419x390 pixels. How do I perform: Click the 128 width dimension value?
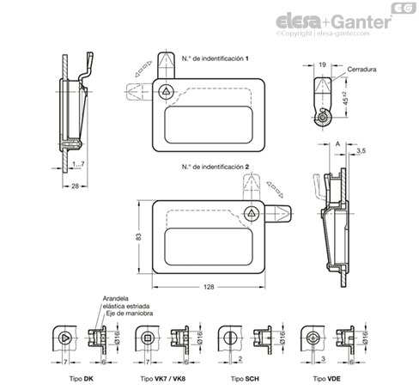[x=209, y=287]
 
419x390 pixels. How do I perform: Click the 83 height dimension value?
[x=138, y=237]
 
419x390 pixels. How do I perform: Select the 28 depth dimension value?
[x=75, y=186]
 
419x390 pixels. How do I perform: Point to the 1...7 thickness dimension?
[x=78, y=164]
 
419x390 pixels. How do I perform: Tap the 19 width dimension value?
[x=322, y=64]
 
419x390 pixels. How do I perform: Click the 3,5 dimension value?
[x=361, y=151]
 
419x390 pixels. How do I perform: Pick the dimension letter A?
[x=337, y=143]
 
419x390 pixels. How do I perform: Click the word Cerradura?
[x=361, y=70]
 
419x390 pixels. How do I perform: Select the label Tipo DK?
[x=82, y=379]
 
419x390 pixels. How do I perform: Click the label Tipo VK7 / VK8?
[x=163, y=379]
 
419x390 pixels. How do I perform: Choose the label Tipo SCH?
[x=245, y=379]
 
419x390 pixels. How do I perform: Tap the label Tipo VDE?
[x=327, y=379]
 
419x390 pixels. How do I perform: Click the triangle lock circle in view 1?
[x=166, y=92]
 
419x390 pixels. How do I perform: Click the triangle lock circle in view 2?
[x=252, y=214]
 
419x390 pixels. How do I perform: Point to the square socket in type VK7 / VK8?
[x=148, y=338]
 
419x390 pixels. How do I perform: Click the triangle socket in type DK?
[x=65, y=338]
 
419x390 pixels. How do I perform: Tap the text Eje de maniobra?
[x=130, y=314]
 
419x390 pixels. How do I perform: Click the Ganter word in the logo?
[x=362, y=21]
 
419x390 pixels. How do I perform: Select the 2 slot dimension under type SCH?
[x=240, y=358]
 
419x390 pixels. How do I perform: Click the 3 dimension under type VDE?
[x=323, y=358]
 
